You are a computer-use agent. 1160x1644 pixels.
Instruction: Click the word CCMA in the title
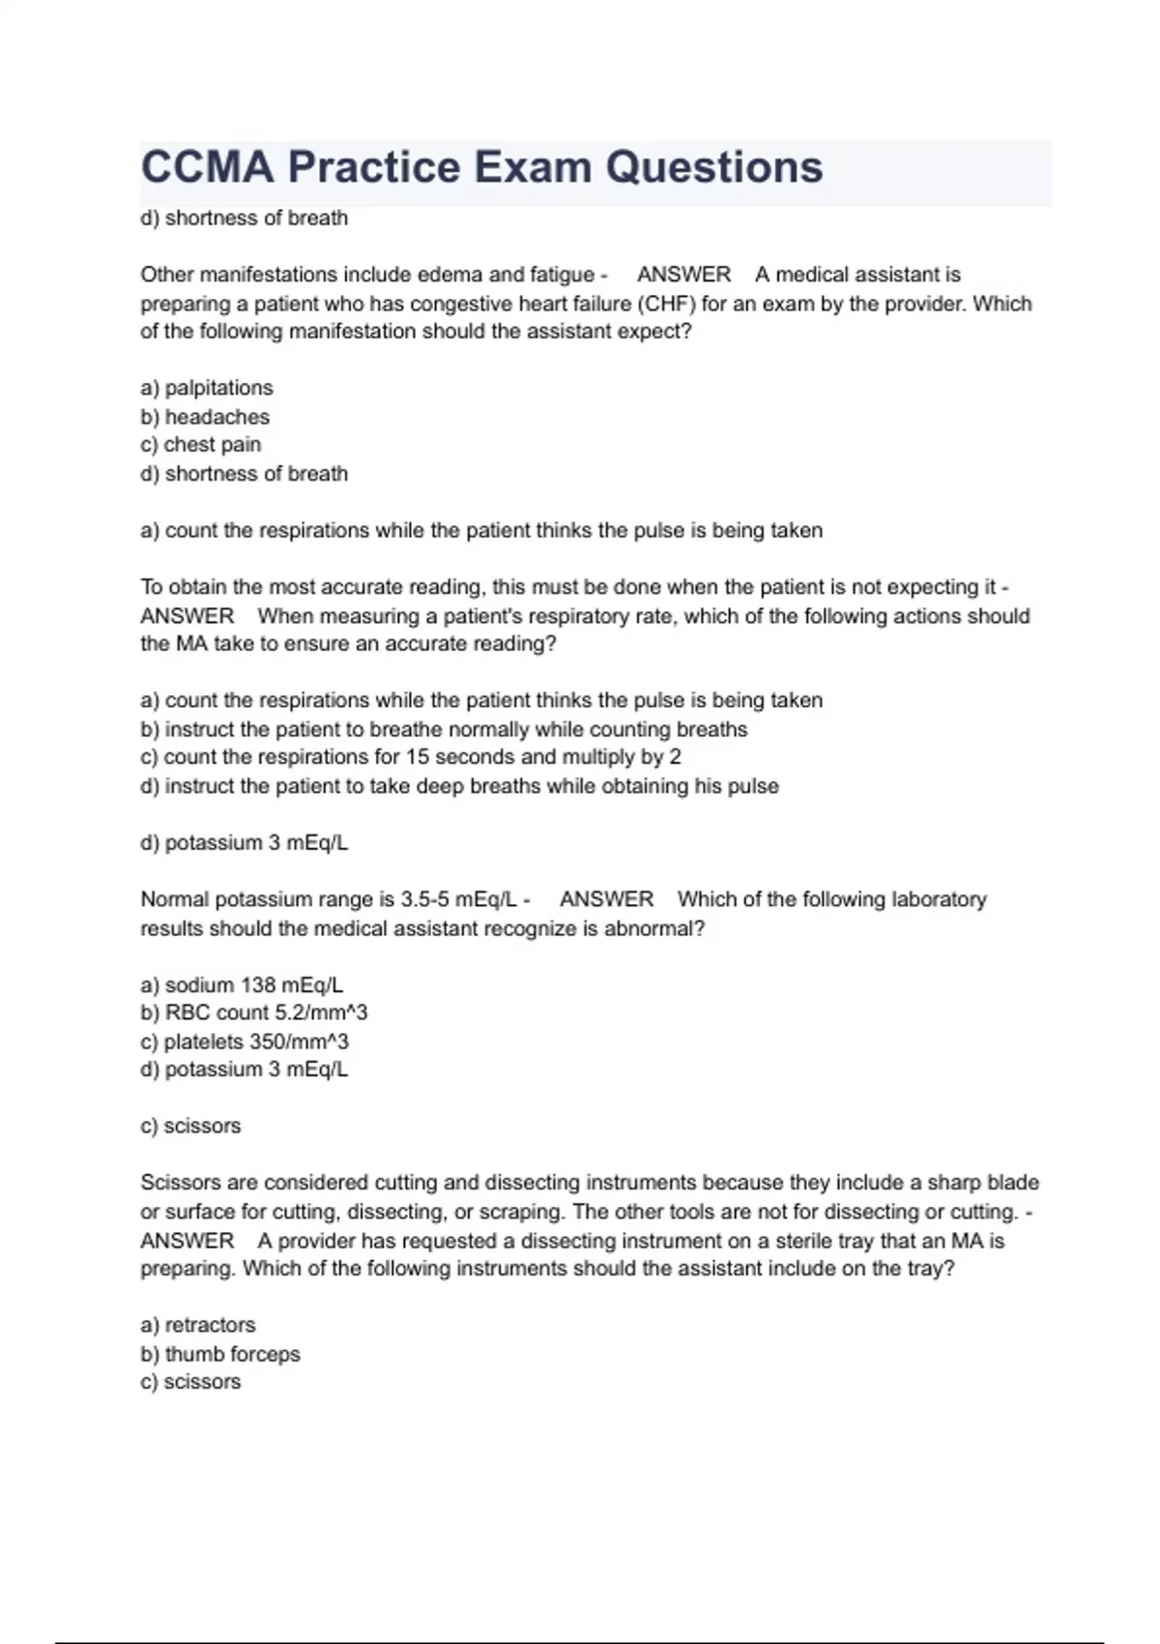[205, 167]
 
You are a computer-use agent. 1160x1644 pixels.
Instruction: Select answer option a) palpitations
[207, 388]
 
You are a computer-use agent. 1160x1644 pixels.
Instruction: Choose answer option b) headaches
[205, 417]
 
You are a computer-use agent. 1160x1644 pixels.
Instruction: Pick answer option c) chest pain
[201, 445]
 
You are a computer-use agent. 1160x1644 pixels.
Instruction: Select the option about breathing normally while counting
[444, 729]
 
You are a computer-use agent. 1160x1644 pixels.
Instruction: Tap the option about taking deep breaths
[459, 786]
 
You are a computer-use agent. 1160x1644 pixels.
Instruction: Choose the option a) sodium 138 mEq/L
[242, 985]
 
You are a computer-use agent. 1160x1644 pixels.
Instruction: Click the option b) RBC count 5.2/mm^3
[254, 1013]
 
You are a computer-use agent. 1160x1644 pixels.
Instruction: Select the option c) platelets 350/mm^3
[245, 1042]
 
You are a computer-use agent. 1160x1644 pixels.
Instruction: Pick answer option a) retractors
[198, 1325]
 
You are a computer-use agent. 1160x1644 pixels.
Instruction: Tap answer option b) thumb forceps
[220, 1354]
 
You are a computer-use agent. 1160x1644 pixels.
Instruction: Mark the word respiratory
[555, 616]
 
